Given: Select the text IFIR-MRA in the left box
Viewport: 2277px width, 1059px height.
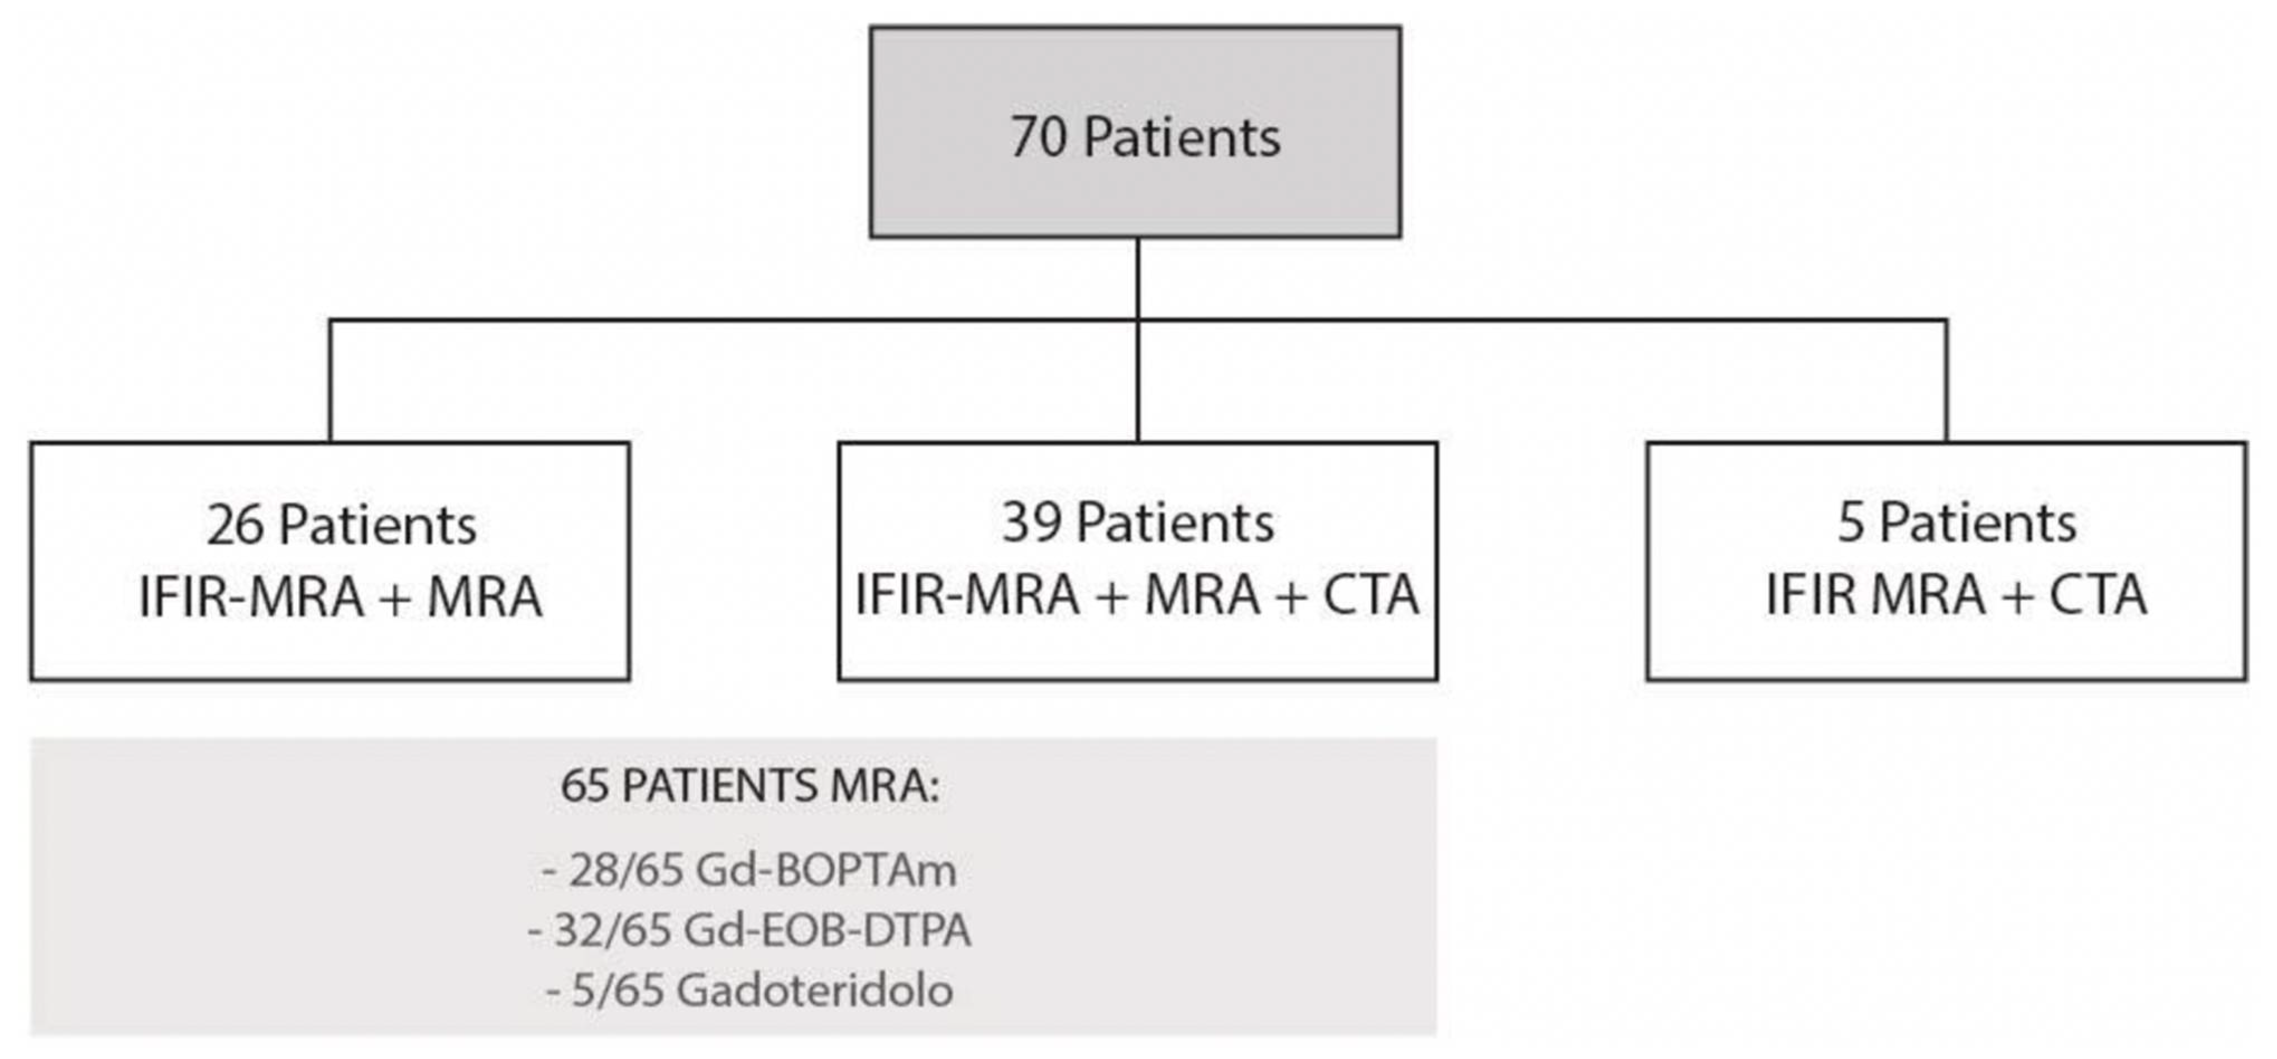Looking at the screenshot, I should pyautogui.click(x=251, y=597).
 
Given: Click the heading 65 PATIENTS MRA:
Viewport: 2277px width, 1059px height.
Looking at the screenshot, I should pyautogui.click(x=749, y=785).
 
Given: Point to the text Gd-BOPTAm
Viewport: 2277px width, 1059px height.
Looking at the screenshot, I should pyautogui.click(x=826, y=871).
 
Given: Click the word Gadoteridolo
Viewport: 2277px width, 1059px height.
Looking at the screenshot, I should pyautogui.click(x=814, y=990).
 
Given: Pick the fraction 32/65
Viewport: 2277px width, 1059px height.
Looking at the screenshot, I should pyautogui.click(x=611, y=930).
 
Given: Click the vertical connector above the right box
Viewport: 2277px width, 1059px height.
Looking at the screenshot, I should pyautogui.click(x=1945, y=380).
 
